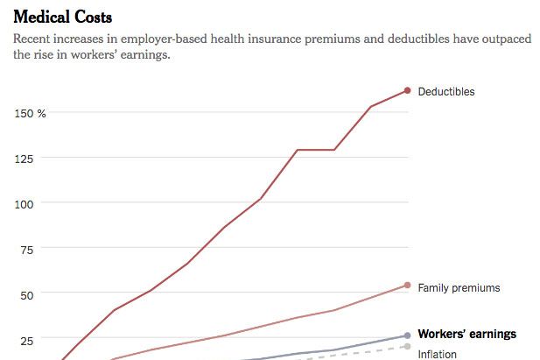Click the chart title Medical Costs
(62, 18)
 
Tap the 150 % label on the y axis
(29, 113)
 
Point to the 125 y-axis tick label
(24, 159)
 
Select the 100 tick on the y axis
(24, 203)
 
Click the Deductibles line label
(446, 91)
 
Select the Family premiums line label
(459, 287)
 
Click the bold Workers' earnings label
(466, 334)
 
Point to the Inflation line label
(438, 354)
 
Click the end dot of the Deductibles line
(407, 90)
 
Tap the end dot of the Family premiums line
(407, 285)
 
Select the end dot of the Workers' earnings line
(407, 335)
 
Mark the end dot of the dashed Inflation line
(407, 346)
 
